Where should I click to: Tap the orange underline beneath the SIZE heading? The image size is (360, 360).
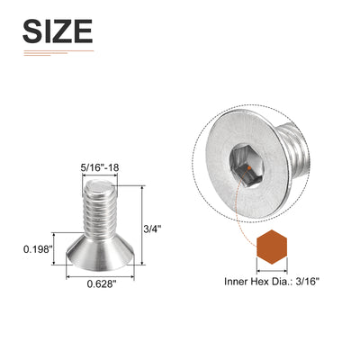[x=57, y=50]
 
